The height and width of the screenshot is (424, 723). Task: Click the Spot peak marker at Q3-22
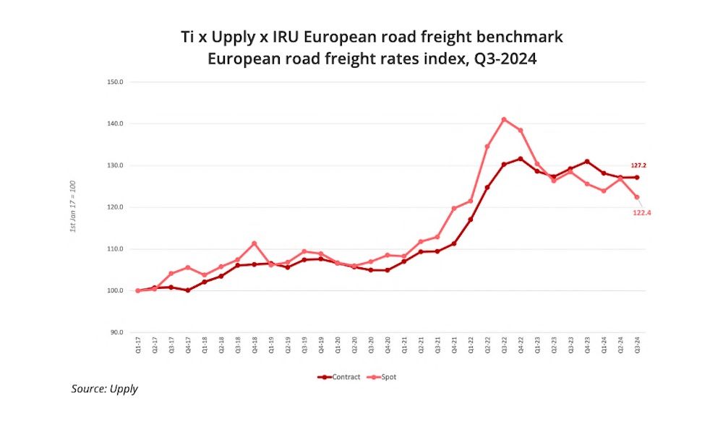(504, 120)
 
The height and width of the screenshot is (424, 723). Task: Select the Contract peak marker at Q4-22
(521, 159)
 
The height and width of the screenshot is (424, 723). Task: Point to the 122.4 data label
(639, 213)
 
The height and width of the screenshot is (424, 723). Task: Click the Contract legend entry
(341, 376)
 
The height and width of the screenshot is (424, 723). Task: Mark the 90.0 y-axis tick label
(116, 333)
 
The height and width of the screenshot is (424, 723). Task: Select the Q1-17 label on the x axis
(138, 346)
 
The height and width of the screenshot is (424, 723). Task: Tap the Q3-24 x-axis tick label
(637, 346)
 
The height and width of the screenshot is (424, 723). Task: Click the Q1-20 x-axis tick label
(338, 346)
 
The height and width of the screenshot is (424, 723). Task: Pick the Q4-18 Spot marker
(254, 243)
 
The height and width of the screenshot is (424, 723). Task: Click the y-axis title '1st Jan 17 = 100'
(73, 207)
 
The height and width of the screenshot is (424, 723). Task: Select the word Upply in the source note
(123, 389)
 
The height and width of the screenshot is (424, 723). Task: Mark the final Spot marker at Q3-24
(637, 197)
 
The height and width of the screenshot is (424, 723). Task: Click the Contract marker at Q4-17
(188, 290)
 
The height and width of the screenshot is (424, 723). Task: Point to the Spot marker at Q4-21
(454, 209)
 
